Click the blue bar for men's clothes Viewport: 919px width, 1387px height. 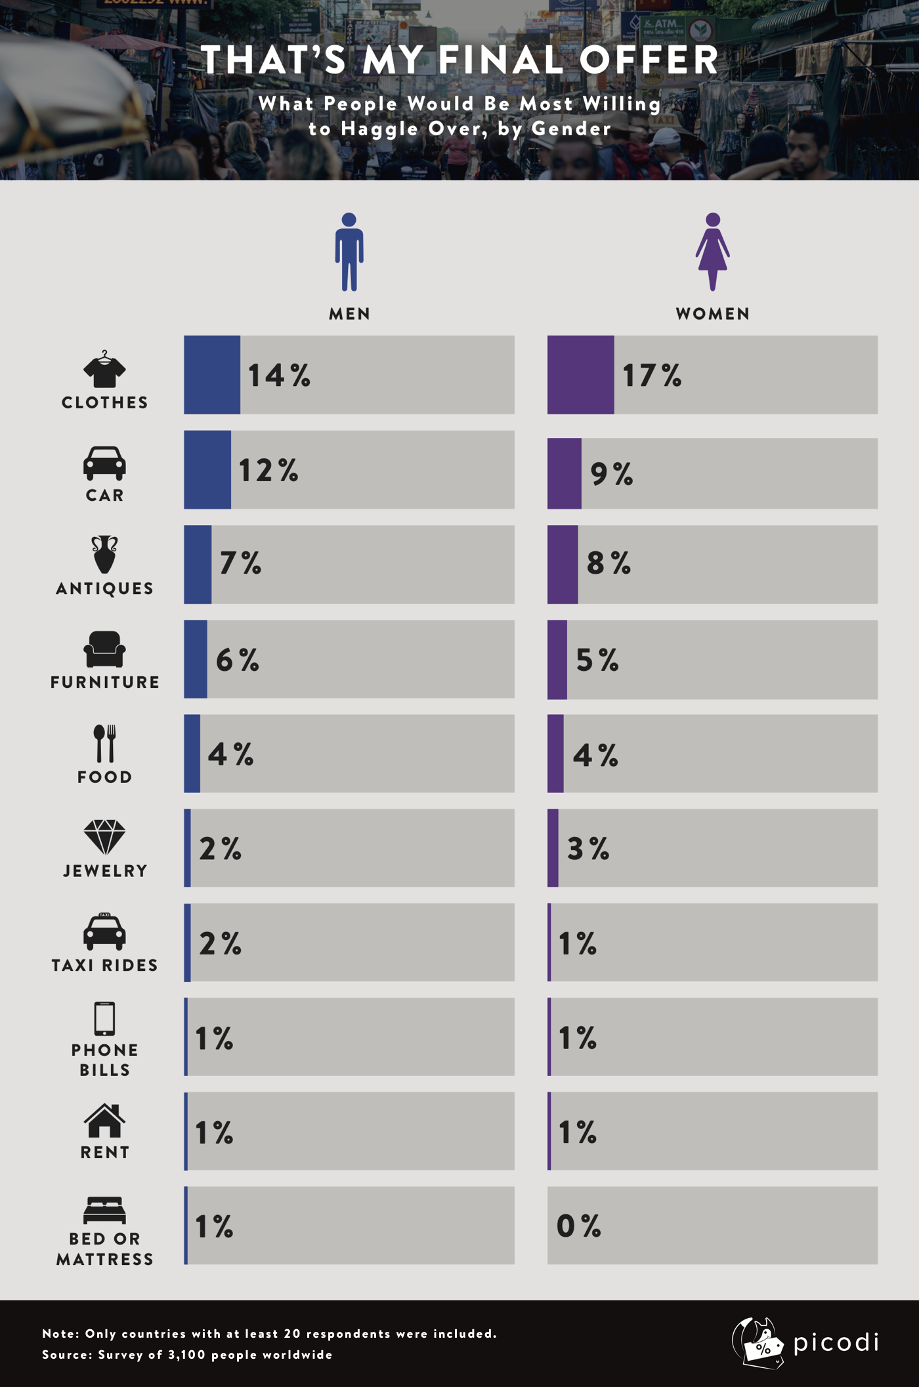(x=211, y=375)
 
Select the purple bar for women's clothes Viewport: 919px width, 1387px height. (x=580, y=375)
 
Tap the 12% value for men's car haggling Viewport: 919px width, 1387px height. (x=268, y=471)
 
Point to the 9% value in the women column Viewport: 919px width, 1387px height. (x=611, y=474)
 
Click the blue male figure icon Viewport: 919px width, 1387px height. (x=349, y=252)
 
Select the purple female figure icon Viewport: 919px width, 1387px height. (x=713, y=252)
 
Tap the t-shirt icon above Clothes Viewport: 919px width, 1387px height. (x=104, y=370)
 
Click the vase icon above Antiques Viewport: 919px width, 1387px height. (x=104, y=554)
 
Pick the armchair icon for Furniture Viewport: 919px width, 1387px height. (x=104, y=649)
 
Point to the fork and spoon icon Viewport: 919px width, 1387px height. (x=104, y=743)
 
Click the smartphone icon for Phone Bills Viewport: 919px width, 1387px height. (x=104, y=1019)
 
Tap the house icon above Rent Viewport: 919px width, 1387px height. (x=104, y=1120)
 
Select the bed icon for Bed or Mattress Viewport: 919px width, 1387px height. (x=104, y=1210)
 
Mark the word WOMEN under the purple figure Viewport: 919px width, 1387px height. (x=713, y=314)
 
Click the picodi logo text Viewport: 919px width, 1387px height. (x=835, y=1342)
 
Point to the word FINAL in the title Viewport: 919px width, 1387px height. (x=502, y=60)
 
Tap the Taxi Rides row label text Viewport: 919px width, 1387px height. (x=105, y=965)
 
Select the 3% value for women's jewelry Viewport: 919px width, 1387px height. (x=588, y=849)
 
